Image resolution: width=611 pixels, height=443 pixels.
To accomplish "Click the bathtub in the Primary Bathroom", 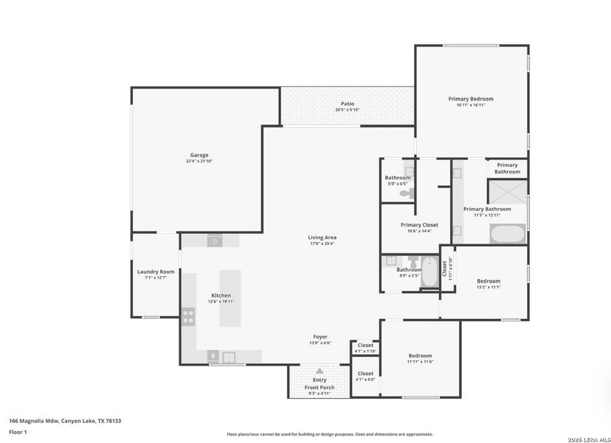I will (x=508, y=235).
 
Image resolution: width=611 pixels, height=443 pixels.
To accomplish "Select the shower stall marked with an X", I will (x=508, y=192).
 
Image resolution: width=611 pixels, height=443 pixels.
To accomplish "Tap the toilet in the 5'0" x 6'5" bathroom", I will (x=405, y=193).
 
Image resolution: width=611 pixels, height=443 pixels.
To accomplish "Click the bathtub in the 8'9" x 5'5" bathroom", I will (x=429, y=272).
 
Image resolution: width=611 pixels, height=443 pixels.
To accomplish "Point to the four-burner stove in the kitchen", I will (x=189, y=317).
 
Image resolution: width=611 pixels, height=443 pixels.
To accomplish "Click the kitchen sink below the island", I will (x=229, y=357).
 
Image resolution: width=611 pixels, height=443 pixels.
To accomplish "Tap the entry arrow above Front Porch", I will (x=320, y=371).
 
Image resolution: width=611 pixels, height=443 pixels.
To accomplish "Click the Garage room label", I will (x=199, y=155).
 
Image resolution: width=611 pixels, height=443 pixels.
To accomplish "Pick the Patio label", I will (x=347, y=103).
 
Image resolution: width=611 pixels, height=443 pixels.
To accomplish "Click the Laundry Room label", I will (x=156, y=272).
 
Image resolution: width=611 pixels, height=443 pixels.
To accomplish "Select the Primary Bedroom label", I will (x=471, y=98).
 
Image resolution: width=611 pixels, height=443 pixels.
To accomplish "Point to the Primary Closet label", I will (x=419, y=224).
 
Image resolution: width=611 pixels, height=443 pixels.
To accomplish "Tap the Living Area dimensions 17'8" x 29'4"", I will (x=322, y=244).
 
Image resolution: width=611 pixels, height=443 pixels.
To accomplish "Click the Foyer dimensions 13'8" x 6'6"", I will (x=320, y=343).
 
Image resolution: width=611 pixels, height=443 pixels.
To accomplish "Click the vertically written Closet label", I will (x=444, y=268).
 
